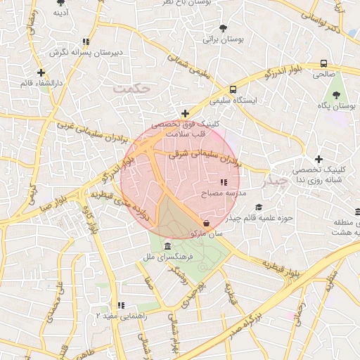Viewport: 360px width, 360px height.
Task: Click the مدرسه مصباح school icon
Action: [x=223, y=183]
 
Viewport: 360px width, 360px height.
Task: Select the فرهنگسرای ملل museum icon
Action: [x=167, y=247]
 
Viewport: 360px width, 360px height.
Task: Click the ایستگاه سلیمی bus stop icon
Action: [x=232, y=89]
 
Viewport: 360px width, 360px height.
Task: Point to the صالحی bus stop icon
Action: [x=323, y=63]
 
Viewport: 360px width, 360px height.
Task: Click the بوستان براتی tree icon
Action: [x=223, y=29]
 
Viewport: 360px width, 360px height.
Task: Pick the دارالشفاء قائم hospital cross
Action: [x=41, y=72]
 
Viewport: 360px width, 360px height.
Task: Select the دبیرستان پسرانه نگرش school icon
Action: [x=86, y=41]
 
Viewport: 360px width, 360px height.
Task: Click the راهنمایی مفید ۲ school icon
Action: [x=121, y=305]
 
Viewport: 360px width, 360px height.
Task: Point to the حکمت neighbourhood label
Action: [x=132, y=89]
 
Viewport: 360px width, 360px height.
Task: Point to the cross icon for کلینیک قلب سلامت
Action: [x=185, y=113]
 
